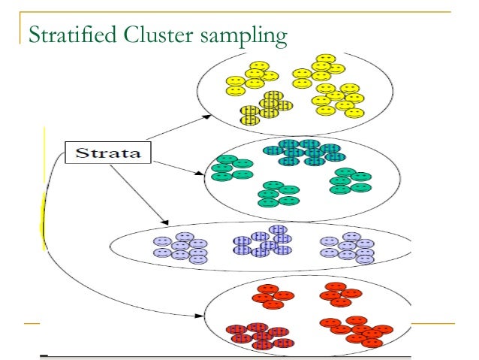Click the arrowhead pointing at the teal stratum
click(200, 174)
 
